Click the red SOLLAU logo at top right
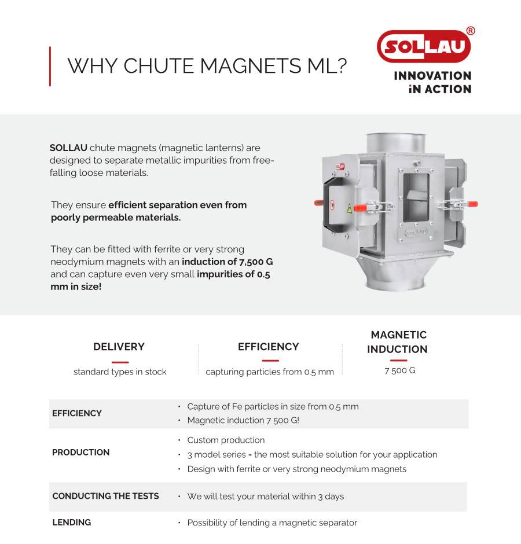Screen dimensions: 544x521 coord(423,46)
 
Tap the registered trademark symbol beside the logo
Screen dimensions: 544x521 coord(470,31)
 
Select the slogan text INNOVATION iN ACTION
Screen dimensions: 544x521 coord(432,82)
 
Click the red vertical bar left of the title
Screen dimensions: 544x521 coord(50,66)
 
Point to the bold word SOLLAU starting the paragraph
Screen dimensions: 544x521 coord(68,148)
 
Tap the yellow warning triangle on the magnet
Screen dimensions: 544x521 coord(349,208)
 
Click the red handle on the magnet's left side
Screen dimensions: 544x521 coord(320,203)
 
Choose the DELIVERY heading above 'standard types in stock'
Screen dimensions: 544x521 coord(119,347)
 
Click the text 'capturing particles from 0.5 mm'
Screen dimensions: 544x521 coord(270,372)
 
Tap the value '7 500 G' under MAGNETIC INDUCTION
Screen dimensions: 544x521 coord(399,370)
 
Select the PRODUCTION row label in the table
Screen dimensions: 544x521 coord(80,453)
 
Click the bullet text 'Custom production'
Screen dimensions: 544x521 coord(226,440)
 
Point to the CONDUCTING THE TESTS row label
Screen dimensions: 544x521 coord(105,496)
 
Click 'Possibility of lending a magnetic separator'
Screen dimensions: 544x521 coord(272,523)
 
